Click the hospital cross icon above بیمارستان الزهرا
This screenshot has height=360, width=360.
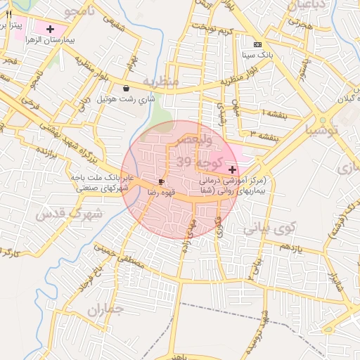[x=50, y=29]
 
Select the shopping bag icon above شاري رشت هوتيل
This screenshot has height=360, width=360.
[x=126, y=89]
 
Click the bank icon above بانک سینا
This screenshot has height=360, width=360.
[x=257, y=44]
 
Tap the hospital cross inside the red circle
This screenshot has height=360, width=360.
[x=232, y=169]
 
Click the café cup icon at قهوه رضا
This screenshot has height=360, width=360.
[x=162, y=181]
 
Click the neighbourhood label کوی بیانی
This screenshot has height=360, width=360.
[x=266, y=229]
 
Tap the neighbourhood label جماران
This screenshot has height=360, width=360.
[x=105, y=309]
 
